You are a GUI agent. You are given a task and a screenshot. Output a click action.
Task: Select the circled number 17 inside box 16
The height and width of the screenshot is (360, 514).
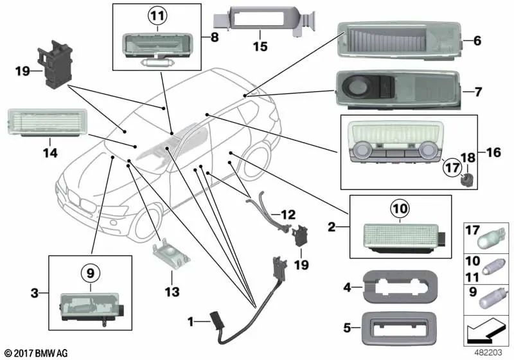[x=452, y=169]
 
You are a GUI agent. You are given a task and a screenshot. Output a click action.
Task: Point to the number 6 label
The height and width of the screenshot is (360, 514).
[x=477, y=40]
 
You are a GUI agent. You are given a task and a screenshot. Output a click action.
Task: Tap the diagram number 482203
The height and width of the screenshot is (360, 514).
[x=490, y=352]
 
